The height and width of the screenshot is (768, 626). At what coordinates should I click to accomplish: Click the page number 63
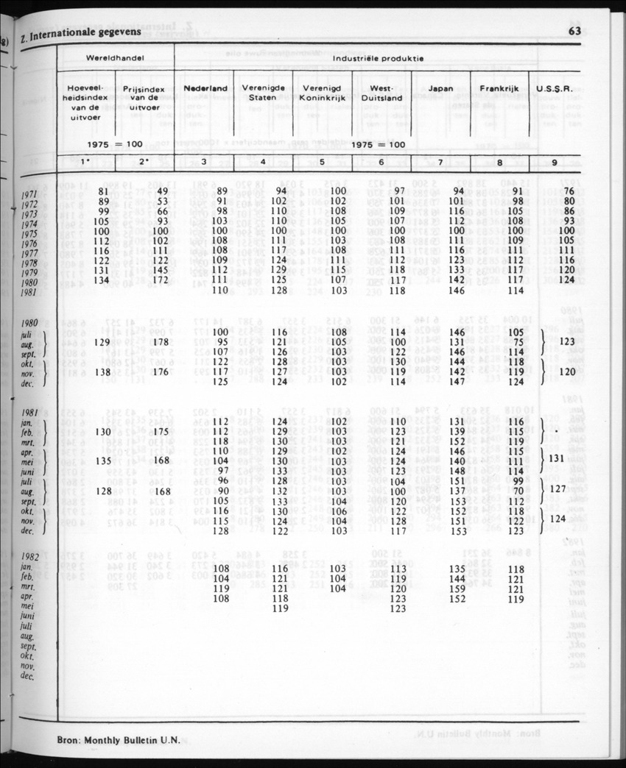coord(574,31)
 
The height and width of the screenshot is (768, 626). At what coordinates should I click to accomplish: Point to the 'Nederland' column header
coord(205,88)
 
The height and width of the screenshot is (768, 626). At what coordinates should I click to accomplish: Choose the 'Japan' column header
coord(440,88)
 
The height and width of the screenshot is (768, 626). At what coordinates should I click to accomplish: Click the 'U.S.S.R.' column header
coord(555,88)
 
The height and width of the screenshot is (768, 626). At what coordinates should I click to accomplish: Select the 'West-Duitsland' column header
coord(381,93)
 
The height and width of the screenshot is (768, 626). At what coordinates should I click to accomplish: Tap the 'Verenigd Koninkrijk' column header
coord(322,93)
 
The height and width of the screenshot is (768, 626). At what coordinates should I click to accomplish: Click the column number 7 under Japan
coord(440,163)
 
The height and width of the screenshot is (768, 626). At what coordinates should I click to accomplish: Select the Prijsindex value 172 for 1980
coord(161,280)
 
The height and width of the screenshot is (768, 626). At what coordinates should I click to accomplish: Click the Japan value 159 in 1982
coord(457,589)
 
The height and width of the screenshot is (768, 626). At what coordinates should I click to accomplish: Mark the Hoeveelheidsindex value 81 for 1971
coord(103,191)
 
